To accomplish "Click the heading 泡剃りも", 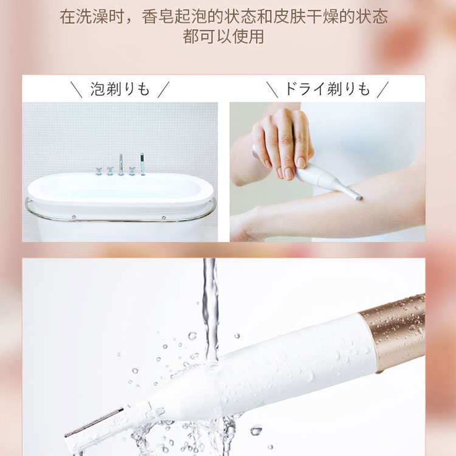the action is coord(120,89).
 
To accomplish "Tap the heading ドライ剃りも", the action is coord(327,89).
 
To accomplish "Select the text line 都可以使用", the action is coord(223,36).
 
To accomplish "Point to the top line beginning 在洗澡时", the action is coord(224,16).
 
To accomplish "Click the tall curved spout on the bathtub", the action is coord(121,165).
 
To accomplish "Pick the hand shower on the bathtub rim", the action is coord(142,164).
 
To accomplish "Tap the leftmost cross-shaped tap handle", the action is coord(99,171).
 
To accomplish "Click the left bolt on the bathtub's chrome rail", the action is coord(74,217).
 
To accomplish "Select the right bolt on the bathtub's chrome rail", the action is coord(164,217).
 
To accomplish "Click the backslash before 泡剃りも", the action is coord(77,89).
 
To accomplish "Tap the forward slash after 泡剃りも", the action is coord(164,89).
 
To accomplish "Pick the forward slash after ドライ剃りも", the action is coord(382,89).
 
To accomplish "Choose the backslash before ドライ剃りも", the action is coord(272,89).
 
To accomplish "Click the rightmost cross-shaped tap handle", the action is coord(132,171).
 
